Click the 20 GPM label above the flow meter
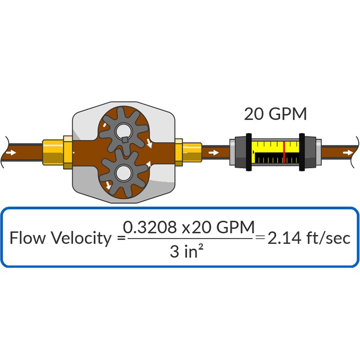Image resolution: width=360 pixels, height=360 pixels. click(x=275, y=114)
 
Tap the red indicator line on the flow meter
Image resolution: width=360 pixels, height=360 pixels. click(x=284, y=152)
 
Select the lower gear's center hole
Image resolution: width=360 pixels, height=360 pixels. click(x=124, y=173)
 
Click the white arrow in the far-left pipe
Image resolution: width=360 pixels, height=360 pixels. click(x=11, y=153)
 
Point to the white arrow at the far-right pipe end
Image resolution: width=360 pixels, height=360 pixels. click(x=348, y=153)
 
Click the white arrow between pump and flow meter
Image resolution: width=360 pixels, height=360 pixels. click(x=213, y=153)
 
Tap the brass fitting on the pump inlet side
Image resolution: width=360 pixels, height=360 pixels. click(x=58, y=153)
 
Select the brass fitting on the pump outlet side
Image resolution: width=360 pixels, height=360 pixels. click(x=189, y=153)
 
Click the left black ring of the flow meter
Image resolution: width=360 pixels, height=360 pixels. click(x=249, y=152)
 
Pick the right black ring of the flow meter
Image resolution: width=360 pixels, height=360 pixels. click(x=302, y=152)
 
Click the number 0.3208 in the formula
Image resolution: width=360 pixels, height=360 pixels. click(x=150, y=227)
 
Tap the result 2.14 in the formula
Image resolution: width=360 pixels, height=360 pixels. click(x=284, y=238)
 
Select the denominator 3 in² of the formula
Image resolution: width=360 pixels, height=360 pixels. click(x=187, y=251)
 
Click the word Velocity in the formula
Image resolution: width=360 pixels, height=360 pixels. click(x=81, y=238)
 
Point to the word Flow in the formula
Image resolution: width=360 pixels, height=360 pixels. click(x=27, y=238)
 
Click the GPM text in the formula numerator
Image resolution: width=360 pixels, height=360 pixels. click(x=235, y=227)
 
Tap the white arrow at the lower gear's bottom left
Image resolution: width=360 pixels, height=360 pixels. click(x=108, y=185)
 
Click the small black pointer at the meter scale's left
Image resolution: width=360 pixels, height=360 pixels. click(x=253, y=152)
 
